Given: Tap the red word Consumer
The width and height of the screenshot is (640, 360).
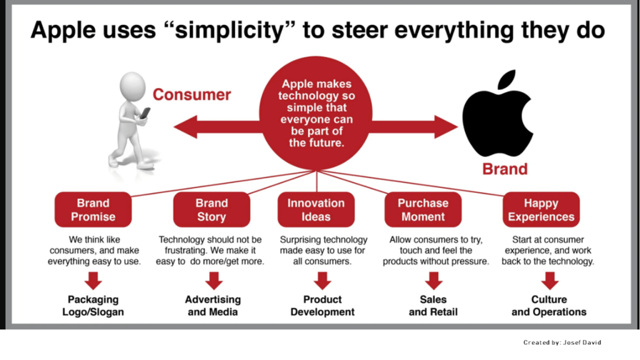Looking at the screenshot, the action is pos(192,95).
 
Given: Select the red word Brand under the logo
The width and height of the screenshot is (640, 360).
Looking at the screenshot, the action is pos(505,169).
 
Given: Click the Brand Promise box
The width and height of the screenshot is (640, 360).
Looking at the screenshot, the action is pos(93,209).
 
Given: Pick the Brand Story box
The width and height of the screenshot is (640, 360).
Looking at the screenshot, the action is pos(211,209).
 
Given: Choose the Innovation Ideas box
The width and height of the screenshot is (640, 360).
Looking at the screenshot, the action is pos(316,209).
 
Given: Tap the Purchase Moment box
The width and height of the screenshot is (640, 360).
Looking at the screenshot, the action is pos(423,209).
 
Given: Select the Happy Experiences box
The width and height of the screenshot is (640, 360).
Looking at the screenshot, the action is pos(541,209).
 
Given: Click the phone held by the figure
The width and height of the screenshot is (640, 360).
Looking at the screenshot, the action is pos(145,113).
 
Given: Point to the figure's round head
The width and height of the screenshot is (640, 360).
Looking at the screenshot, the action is pos(132,86).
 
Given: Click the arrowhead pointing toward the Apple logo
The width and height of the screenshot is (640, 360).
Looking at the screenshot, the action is pos(446,126).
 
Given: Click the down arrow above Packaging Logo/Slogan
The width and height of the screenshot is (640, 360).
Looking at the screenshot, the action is pos(94,281).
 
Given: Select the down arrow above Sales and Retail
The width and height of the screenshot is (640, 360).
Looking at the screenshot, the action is pos(434,281).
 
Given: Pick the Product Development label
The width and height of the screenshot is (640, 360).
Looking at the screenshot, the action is pos(322,306).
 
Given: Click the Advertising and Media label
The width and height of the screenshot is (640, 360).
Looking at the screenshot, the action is pos(212,306).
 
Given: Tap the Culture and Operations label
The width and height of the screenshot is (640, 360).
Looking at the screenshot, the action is pos(549,306).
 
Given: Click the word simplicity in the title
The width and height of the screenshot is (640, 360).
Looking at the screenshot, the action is pos(229,30).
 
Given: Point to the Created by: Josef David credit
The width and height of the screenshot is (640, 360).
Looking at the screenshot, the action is pos(562,342).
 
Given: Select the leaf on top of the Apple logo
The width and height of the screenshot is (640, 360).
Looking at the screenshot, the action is pos(507,79).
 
